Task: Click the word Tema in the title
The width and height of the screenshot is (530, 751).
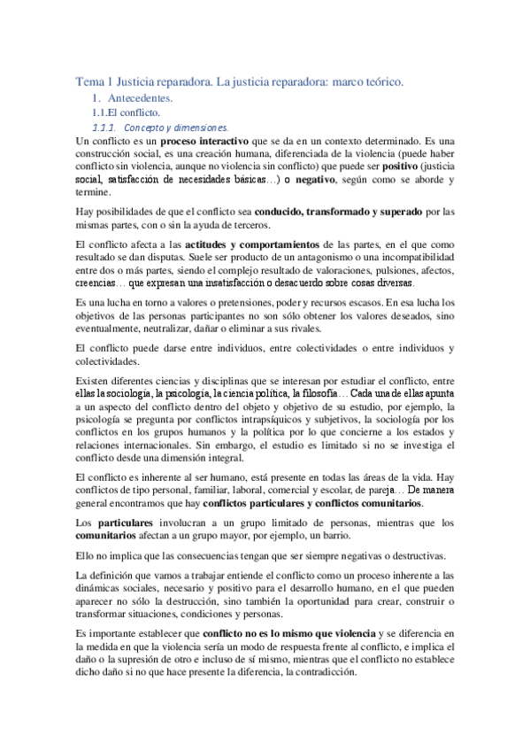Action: click(x=88, y=81)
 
